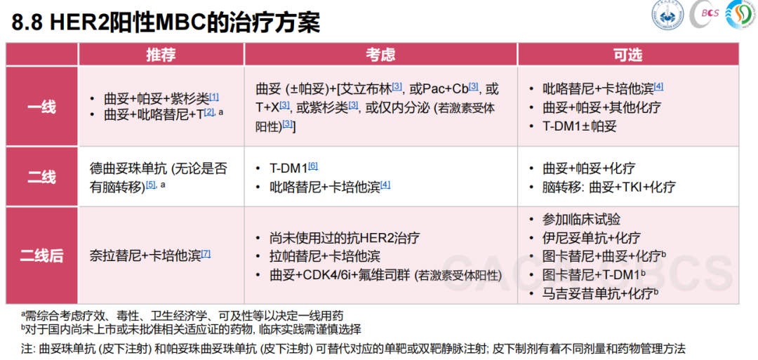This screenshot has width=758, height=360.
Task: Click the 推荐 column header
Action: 161,55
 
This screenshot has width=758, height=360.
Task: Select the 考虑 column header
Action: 380,55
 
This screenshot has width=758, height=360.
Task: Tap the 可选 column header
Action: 627,55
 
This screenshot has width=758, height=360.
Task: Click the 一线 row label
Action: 41,106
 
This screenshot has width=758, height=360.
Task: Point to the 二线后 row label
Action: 41,255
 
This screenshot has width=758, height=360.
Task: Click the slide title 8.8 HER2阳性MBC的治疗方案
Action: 166,23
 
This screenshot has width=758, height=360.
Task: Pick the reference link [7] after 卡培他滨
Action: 206,253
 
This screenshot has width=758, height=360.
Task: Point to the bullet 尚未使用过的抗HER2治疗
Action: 344,238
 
